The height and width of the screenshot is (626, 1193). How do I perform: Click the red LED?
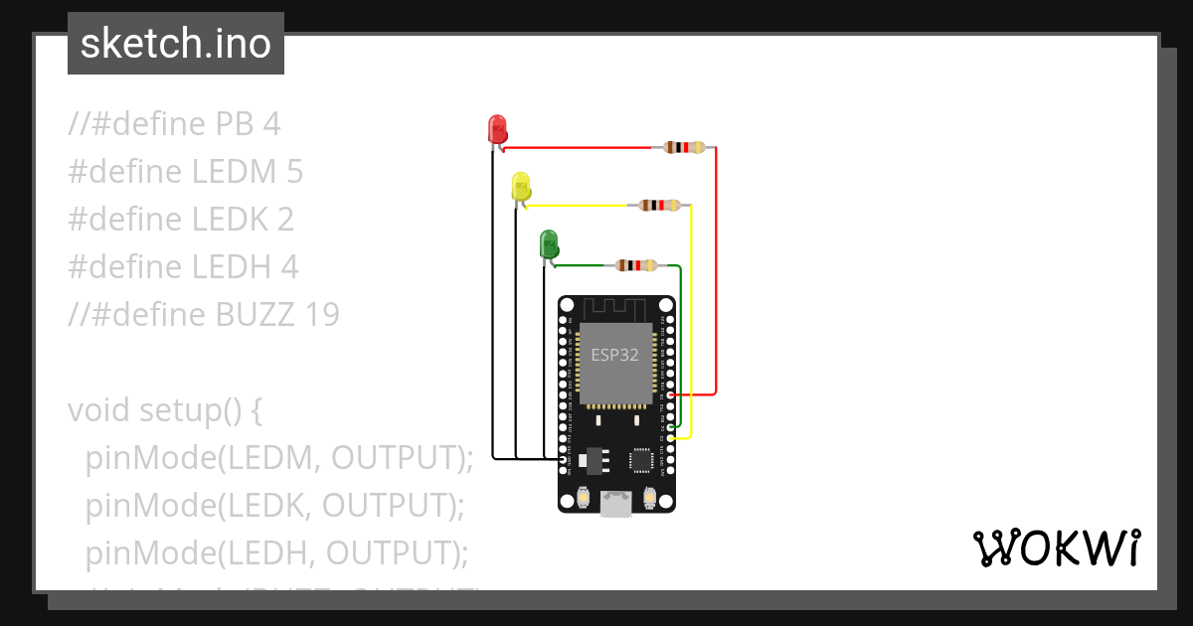click(497, 129)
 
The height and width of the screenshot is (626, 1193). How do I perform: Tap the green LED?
click(548, 243)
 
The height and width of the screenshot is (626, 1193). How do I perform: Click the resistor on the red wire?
click(683, 148)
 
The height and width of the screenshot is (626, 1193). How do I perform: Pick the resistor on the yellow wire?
click(659, 206)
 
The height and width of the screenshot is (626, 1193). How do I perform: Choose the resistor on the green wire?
click(635, 265)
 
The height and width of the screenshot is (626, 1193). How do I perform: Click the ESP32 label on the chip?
click(615, 355)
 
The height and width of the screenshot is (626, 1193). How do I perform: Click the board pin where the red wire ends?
click(671, 394)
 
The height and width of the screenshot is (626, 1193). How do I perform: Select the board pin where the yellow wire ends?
click(671, 437)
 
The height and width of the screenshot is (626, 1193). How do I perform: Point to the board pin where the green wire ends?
click(671, 426)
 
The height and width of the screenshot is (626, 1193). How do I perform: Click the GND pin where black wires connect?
click(564, 458)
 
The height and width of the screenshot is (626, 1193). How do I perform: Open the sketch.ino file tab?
click(176, 44)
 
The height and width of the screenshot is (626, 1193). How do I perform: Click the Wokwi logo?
click(1056, 548)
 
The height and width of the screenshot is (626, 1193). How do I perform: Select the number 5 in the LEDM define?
click(293, 172)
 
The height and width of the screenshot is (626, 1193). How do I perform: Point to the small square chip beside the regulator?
click(641, 459)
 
